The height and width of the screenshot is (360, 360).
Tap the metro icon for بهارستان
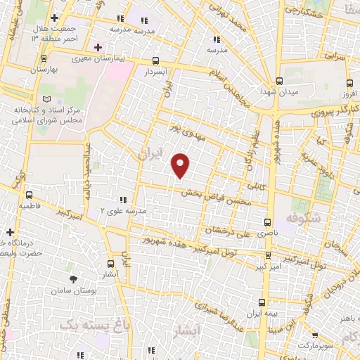(44, 60)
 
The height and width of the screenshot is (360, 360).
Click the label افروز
(346, 94)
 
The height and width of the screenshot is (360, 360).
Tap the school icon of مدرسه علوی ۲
(123, 200)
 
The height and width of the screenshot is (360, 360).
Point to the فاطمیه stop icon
(29, 195)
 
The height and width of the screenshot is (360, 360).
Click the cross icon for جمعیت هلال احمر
(55, 17)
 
